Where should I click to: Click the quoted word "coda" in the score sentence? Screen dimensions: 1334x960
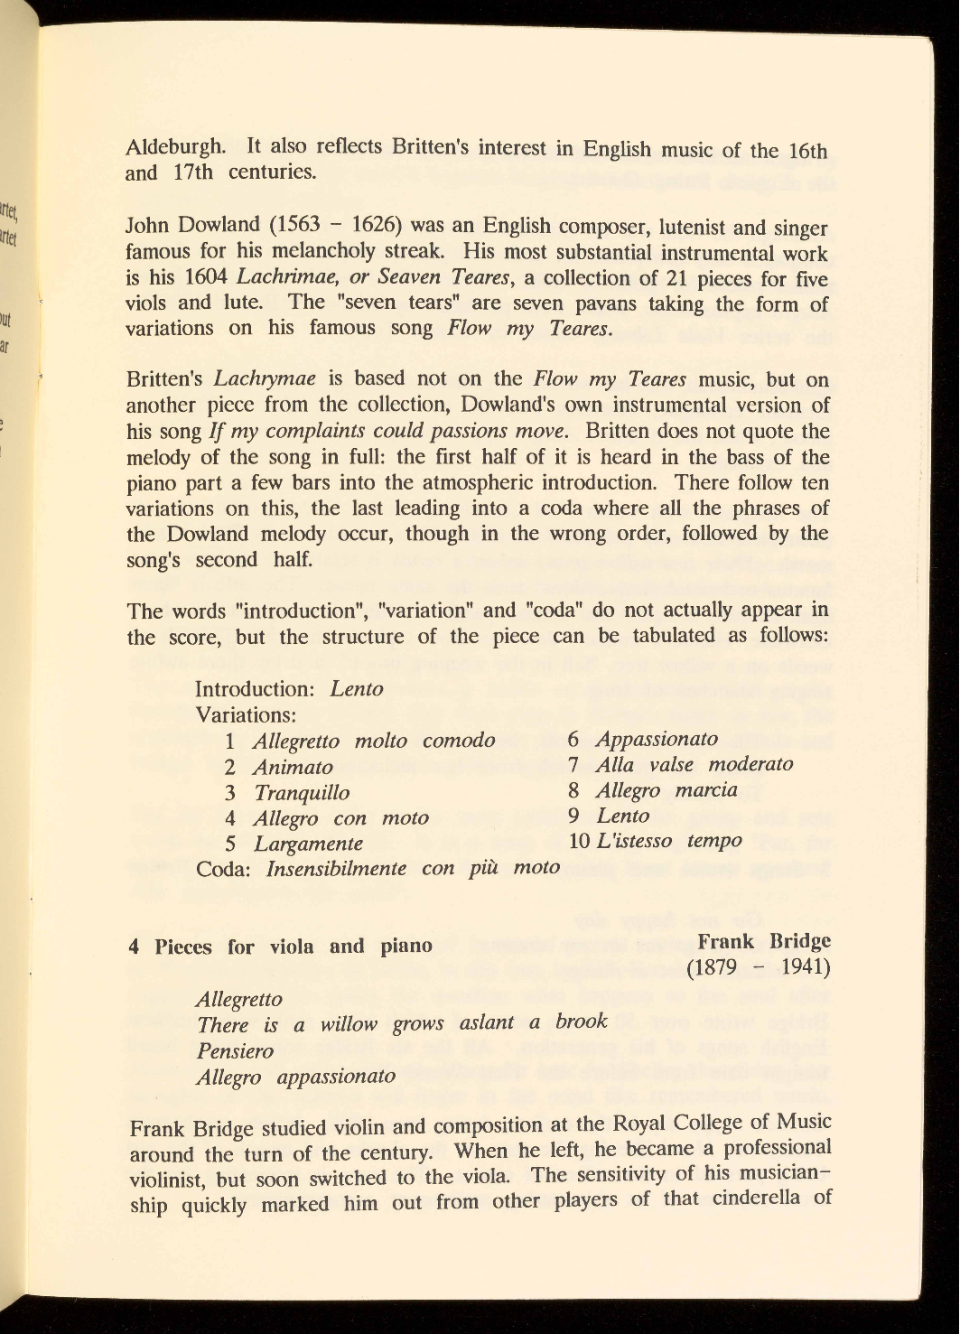pos(553,609)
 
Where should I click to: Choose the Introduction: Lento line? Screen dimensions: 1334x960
pos(289,689)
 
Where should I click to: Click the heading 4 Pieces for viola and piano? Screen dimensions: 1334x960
pos(280,947)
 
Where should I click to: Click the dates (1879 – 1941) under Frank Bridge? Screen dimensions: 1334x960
pos(759,967)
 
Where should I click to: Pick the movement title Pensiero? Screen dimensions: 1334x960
pos(235,1051)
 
